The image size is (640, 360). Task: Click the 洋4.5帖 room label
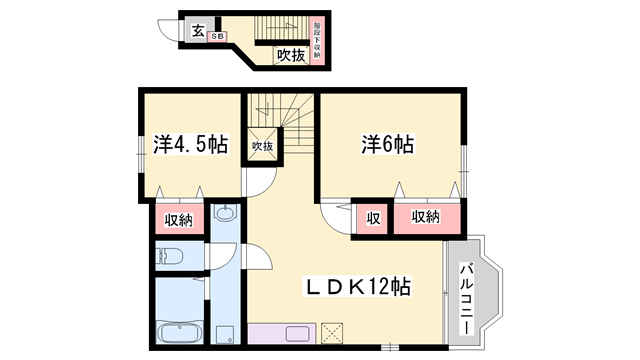[190, 146]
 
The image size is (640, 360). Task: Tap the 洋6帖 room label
[388, 146]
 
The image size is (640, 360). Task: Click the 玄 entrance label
[198, 30]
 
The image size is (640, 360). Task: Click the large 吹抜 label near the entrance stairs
[290, 55]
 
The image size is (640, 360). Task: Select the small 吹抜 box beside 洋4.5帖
[262, 146]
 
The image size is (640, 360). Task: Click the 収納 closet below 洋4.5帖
[179, 219]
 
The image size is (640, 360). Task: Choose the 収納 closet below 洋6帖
[425, 218]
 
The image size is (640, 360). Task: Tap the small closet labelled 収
[372, 218]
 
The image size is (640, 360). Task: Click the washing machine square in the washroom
[225, 334]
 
